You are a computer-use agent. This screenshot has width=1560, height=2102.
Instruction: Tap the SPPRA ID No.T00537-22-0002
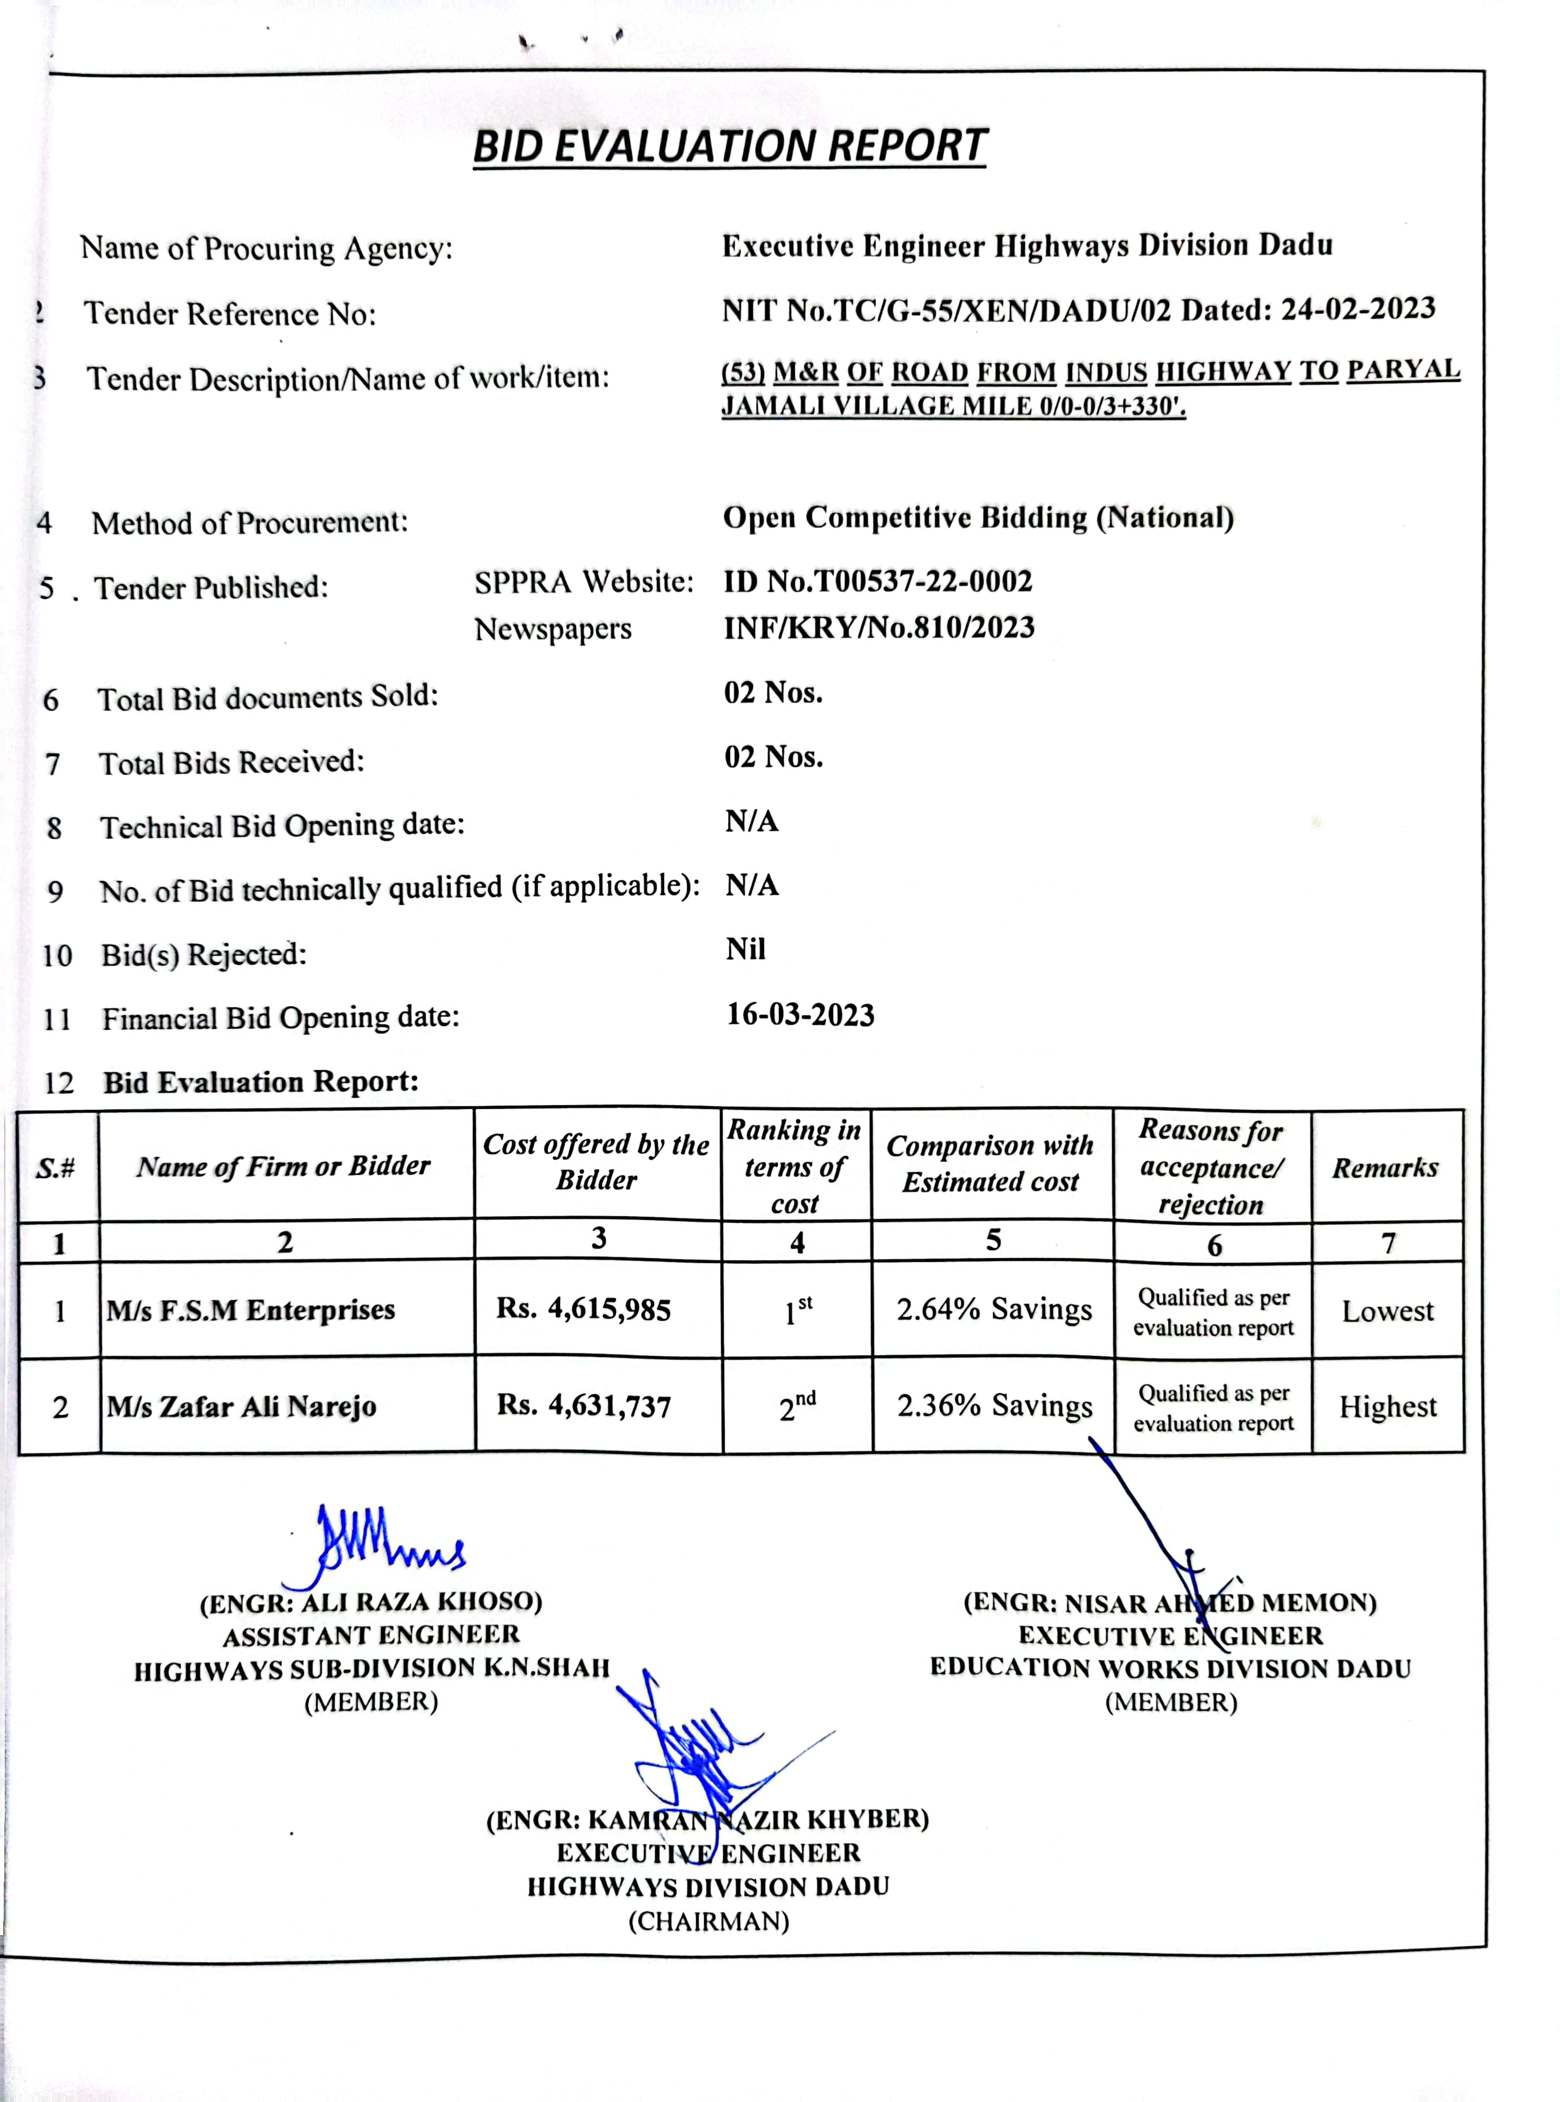878,581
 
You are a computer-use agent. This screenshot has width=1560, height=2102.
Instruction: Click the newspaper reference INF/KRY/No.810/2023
879,628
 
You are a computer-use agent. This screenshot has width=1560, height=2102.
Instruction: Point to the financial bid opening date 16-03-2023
800,1015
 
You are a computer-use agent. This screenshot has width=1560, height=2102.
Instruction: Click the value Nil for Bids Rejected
745,949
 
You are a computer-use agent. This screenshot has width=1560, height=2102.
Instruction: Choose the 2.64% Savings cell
994,1310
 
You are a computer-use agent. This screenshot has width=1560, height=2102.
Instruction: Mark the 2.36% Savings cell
994,1406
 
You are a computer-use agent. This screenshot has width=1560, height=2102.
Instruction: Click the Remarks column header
1385,1168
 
